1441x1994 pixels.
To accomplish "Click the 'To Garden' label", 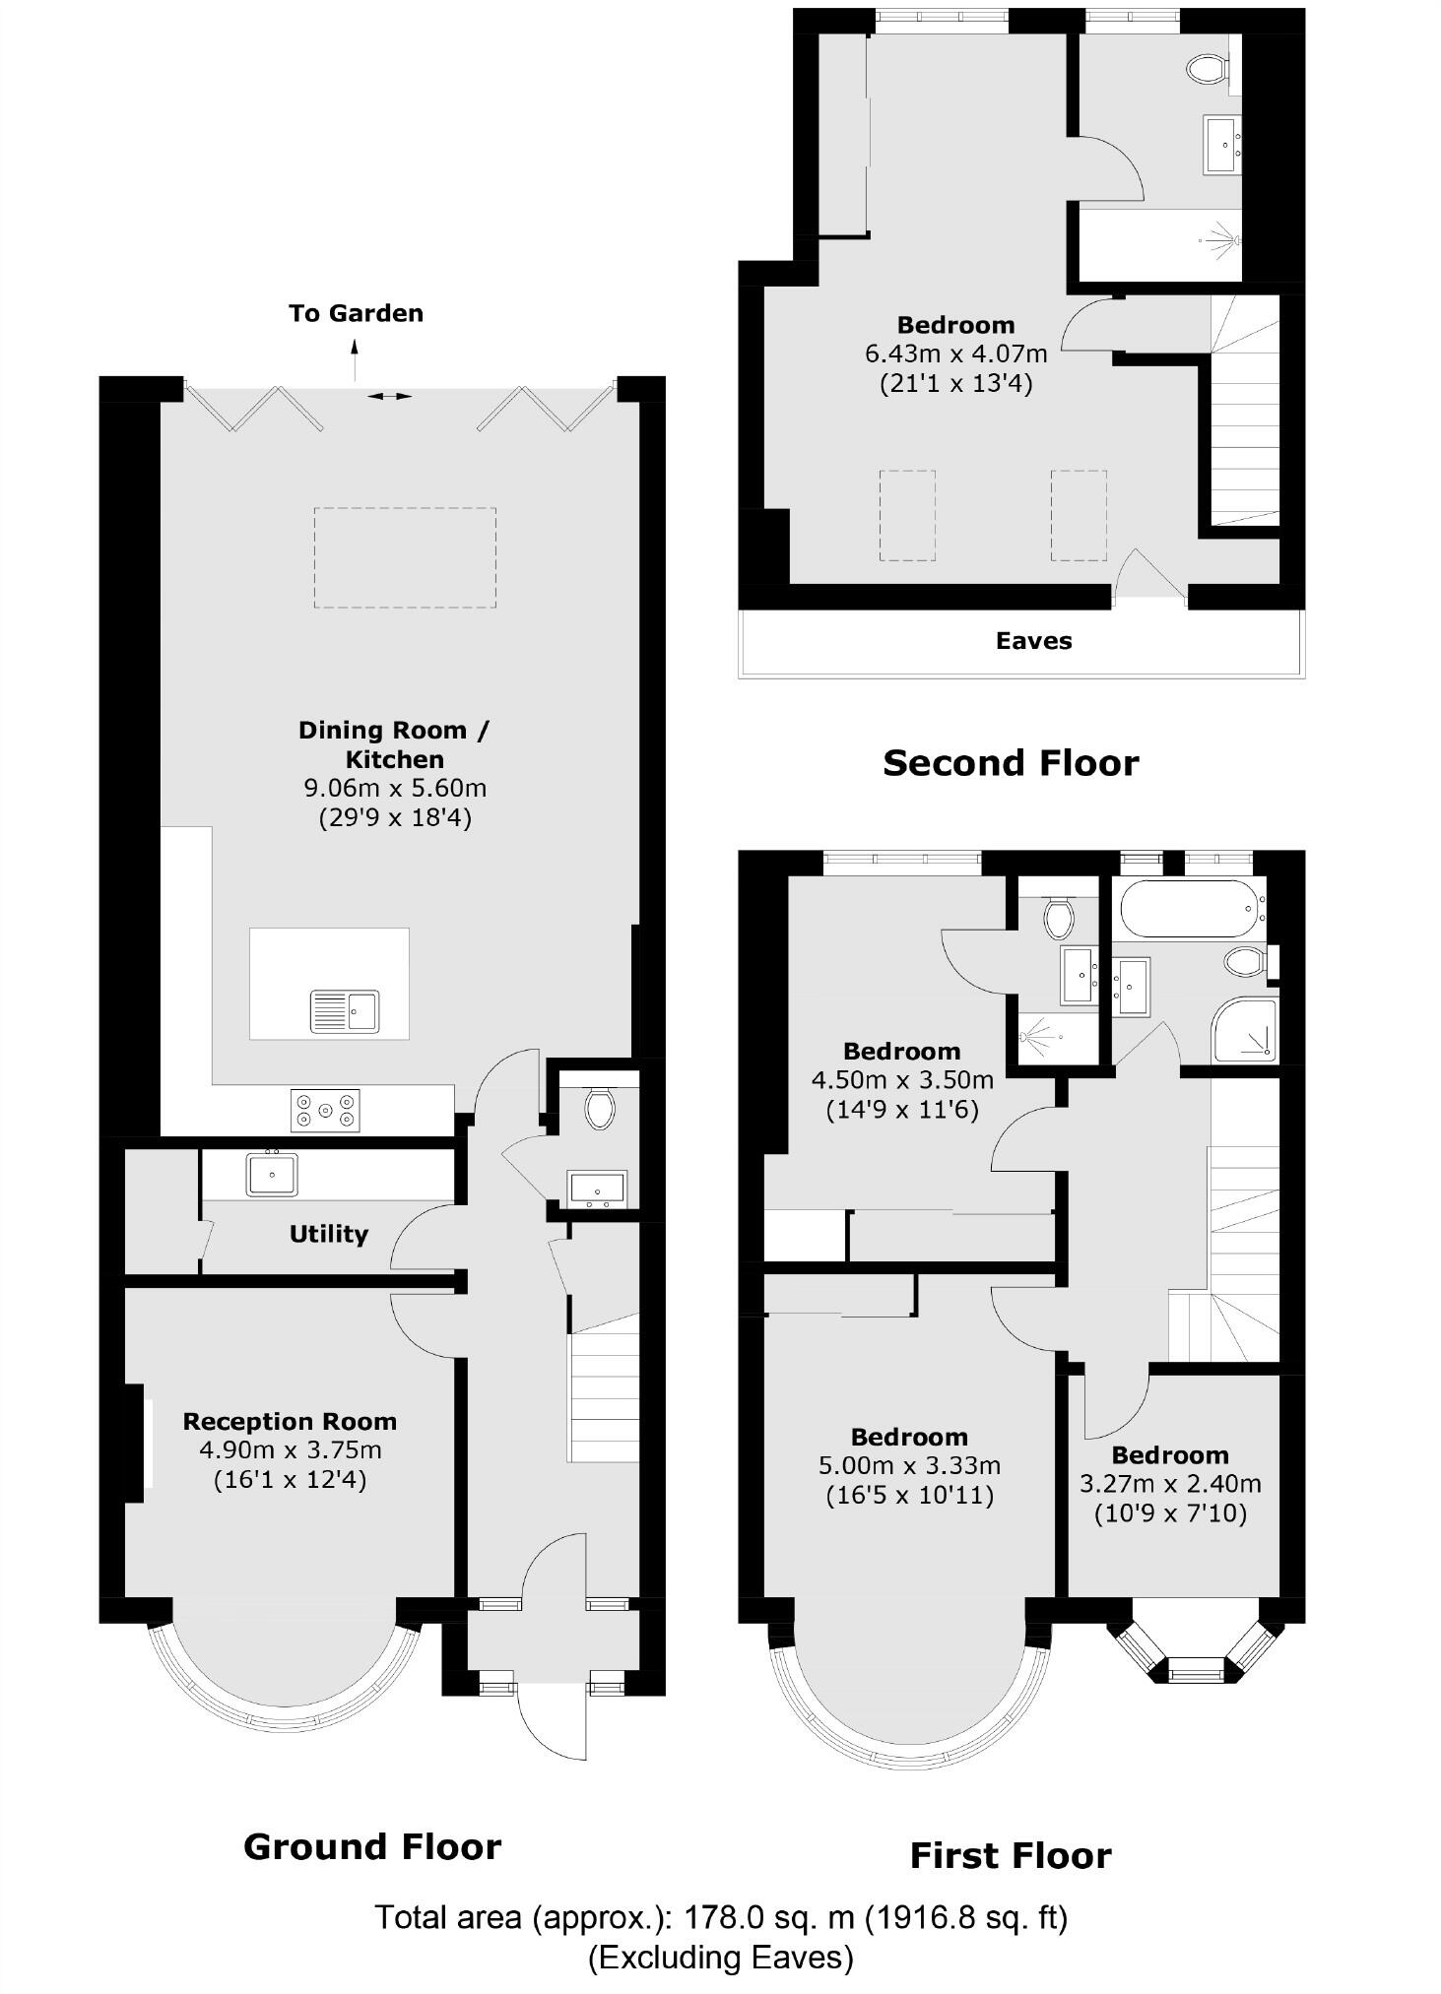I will tap(356, 313).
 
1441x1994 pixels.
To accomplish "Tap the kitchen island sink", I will tap(345, 1011).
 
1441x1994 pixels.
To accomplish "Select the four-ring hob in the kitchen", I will tap(325, 1110).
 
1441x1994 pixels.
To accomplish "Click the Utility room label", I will tap(328, 1234).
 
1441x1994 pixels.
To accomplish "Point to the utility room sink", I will tap(272, 1174).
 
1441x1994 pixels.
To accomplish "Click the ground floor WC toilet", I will tap(599, 1107).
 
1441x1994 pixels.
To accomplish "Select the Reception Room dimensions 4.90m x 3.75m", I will tap(290, 1449).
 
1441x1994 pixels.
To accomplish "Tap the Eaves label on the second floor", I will tap(1033, 641).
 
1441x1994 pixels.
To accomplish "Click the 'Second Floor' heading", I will tap(1010, 763).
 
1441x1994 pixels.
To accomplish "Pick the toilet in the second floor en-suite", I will tap(1207, 68).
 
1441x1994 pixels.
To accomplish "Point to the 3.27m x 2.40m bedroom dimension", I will tap(1170, 1484).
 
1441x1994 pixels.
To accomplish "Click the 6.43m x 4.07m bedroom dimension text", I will tap(955, 353).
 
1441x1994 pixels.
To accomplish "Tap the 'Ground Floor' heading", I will tap(372, 1846).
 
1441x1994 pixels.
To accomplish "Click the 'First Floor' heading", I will tap(1010, 1856).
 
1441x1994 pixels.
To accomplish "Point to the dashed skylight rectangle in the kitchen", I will tap(405, 557).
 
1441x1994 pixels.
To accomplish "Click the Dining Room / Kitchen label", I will tap(393, 744).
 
